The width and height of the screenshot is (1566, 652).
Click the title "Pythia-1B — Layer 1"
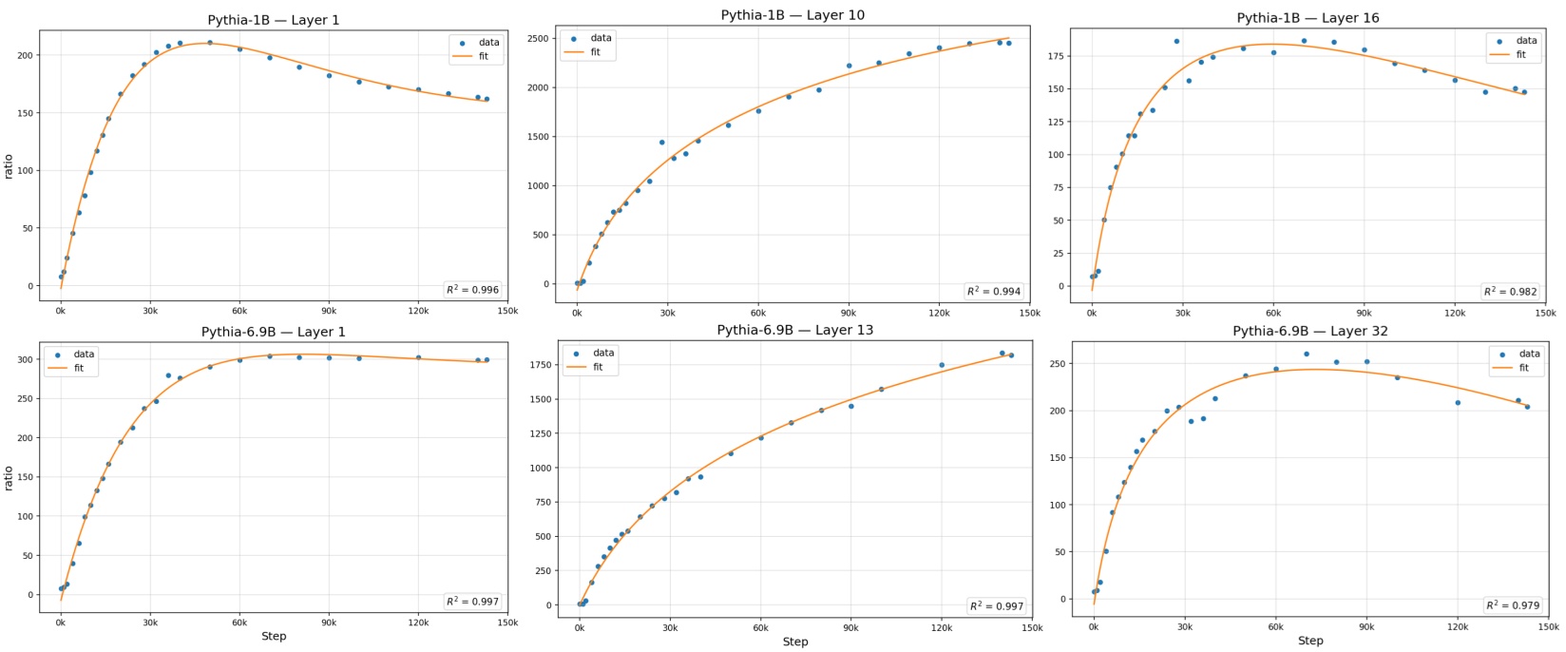273,21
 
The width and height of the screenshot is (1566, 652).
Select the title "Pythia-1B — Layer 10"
793,15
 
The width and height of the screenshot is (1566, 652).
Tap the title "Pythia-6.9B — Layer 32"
1309,332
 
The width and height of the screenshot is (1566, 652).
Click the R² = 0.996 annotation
472,290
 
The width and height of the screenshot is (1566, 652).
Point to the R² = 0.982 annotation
1511,292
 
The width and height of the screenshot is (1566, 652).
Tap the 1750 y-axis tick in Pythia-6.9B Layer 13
540,365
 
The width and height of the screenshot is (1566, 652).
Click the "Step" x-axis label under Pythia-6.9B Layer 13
795,642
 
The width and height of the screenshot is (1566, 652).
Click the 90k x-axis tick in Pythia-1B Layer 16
1364,312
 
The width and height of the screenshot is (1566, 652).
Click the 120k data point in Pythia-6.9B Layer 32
1457,403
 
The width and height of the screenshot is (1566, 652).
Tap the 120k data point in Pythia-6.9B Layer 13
942,365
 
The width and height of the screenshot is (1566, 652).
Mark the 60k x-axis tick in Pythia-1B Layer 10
758,312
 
